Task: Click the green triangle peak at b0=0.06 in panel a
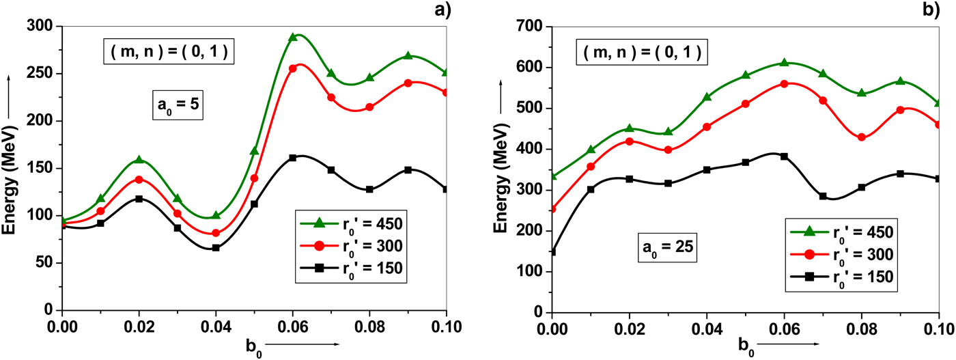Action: pos(293,37)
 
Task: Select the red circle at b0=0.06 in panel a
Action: pos(293,68)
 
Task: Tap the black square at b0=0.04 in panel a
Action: pos(216,248)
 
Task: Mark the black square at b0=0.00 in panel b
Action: pos(552,252)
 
